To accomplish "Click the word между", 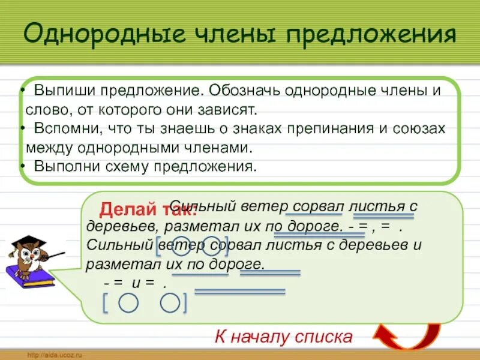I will pos(47,148).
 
